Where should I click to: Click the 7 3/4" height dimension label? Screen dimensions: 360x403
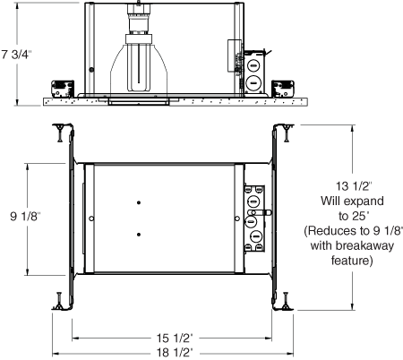click(16, 55)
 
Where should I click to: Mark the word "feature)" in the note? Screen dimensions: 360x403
click(345, 261)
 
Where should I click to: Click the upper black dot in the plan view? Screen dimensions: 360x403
click(139, 204)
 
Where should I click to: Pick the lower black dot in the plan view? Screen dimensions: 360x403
click(139, 235)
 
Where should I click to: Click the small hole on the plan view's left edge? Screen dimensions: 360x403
click(91, 219)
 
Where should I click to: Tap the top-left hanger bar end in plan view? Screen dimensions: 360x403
click(60, 132)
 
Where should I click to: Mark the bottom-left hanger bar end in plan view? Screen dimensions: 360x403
click(60, 303)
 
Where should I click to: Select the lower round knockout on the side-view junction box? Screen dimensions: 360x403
click(253, 82)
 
